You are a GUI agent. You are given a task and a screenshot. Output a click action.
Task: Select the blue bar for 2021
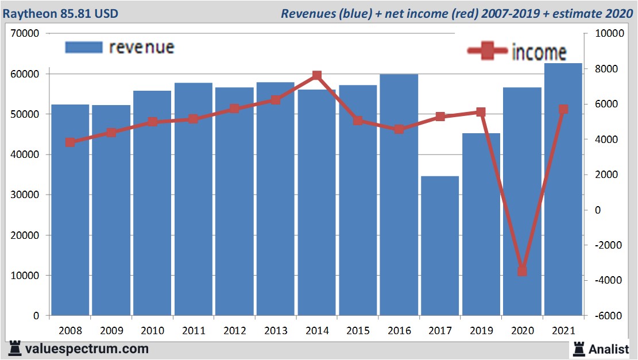(563, 189)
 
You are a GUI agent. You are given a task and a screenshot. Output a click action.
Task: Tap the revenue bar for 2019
(481, 224)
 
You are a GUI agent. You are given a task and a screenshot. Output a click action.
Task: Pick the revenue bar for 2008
(70, 210)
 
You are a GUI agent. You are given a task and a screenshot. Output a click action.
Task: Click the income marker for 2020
(522, 271)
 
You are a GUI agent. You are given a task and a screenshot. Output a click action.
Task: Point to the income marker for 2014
(317, 76)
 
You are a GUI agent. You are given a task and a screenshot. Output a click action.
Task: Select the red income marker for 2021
(563, 109)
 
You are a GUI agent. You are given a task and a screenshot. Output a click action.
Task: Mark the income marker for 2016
(399, 129)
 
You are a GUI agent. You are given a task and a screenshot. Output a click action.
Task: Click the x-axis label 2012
(234, 331)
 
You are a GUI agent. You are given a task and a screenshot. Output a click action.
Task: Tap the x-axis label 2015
(358, 331)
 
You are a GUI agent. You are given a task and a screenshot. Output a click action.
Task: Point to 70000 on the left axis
(25, 34)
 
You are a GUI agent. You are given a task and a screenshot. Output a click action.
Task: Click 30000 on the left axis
(25, 195)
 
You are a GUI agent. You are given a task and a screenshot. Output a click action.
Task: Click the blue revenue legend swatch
(84, 47)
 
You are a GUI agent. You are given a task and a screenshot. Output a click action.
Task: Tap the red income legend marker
(488, 52)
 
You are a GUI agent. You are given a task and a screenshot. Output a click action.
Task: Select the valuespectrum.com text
(87, 349)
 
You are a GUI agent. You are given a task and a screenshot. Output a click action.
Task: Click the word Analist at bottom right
(608, 349)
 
